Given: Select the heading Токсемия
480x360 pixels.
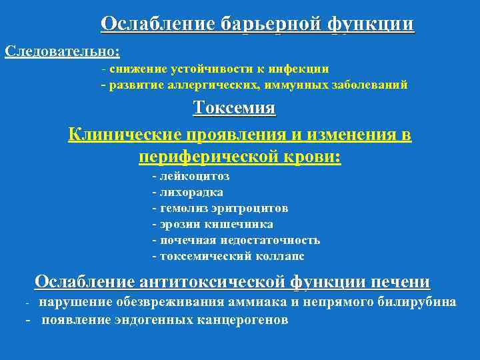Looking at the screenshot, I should coord(234,108).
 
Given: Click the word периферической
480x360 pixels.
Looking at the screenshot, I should coord(217,157).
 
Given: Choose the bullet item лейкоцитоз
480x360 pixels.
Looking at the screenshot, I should coord(194,177).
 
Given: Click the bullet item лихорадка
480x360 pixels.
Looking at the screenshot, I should coord(191,192).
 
